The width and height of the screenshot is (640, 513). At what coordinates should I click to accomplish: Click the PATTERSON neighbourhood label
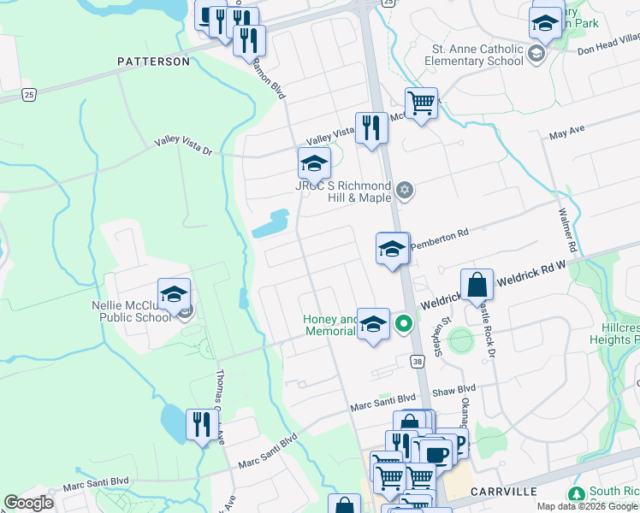coord(153,62)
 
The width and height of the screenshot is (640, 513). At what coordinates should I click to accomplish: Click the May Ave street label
coord(566,133)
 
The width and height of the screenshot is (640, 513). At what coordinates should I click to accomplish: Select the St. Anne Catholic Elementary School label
coord(477,55)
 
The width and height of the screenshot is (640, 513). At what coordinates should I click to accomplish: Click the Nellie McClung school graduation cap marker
coord(174,293)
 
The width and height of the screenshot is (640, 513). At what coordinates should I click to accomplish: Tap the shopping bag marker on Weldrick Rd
coord(477,284)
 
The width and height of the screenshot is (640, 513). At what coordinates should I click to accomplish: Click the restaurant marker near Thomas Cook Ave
coord(201,423)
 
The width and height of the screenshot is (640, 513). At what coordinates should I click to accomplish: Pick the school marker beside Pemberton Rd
coord(392,249)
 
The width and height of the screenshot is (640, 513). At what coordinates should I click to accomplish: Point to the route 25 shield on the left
coord(29,95)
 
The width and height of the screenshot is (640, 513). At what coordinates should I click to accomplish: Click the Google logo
coord(28,503)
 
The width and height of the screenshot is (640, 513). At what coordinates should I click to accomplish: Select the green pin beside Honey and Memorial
coord(403,324)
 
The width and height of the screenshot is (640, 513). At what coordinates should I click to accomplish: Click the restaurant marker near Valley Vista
coord(370,128)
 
